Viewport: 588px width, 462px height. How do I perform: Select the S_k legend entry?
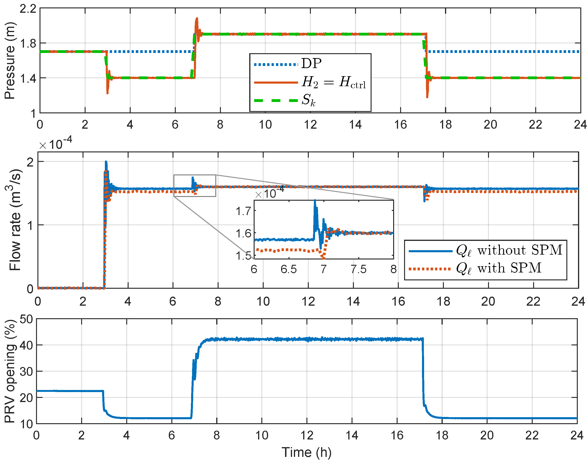308,100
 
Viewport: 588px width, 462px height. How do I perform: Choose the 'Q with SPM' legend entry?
498,268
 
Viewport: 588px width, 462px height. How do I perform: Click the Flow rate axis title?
15,220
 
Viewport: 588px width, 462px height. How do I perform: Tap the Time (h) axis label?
306,452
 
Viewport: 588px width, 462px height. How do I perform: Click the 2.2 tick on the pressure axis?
28,9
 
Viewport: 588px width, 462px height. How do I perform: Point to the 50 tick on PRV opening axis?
26,319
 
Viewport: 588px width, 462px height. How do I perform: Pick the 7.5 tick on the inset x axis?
359,269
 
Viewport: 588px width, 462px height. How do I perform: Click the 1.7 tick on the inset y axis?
243,211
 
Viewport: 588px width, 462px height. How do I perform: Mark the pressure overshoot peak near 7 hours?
197,18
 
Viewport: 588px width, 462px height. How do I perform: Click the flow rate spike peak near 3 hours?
106,162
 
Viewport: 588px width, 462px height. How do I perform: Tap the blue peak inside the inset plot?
315,200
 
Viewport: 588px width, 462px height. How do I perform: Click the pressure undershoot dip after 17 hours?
427,97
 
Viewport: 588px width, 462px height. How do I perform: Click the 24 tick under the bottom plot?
577,436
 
